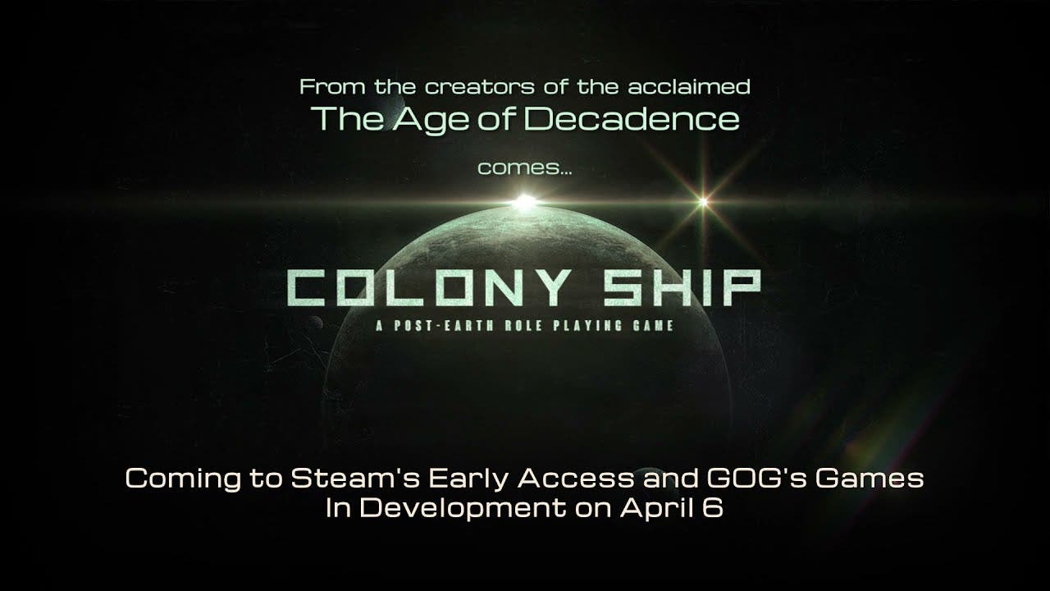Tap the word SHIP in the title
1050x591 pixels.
[681, 288]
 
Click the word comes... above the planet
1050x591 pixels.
[525, 168]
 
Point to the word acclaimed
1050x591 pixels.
[689, 87]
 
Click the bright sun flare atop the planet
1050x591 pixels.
[525, 202]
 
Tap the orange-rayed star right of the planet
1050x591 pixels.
[704, 202]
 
